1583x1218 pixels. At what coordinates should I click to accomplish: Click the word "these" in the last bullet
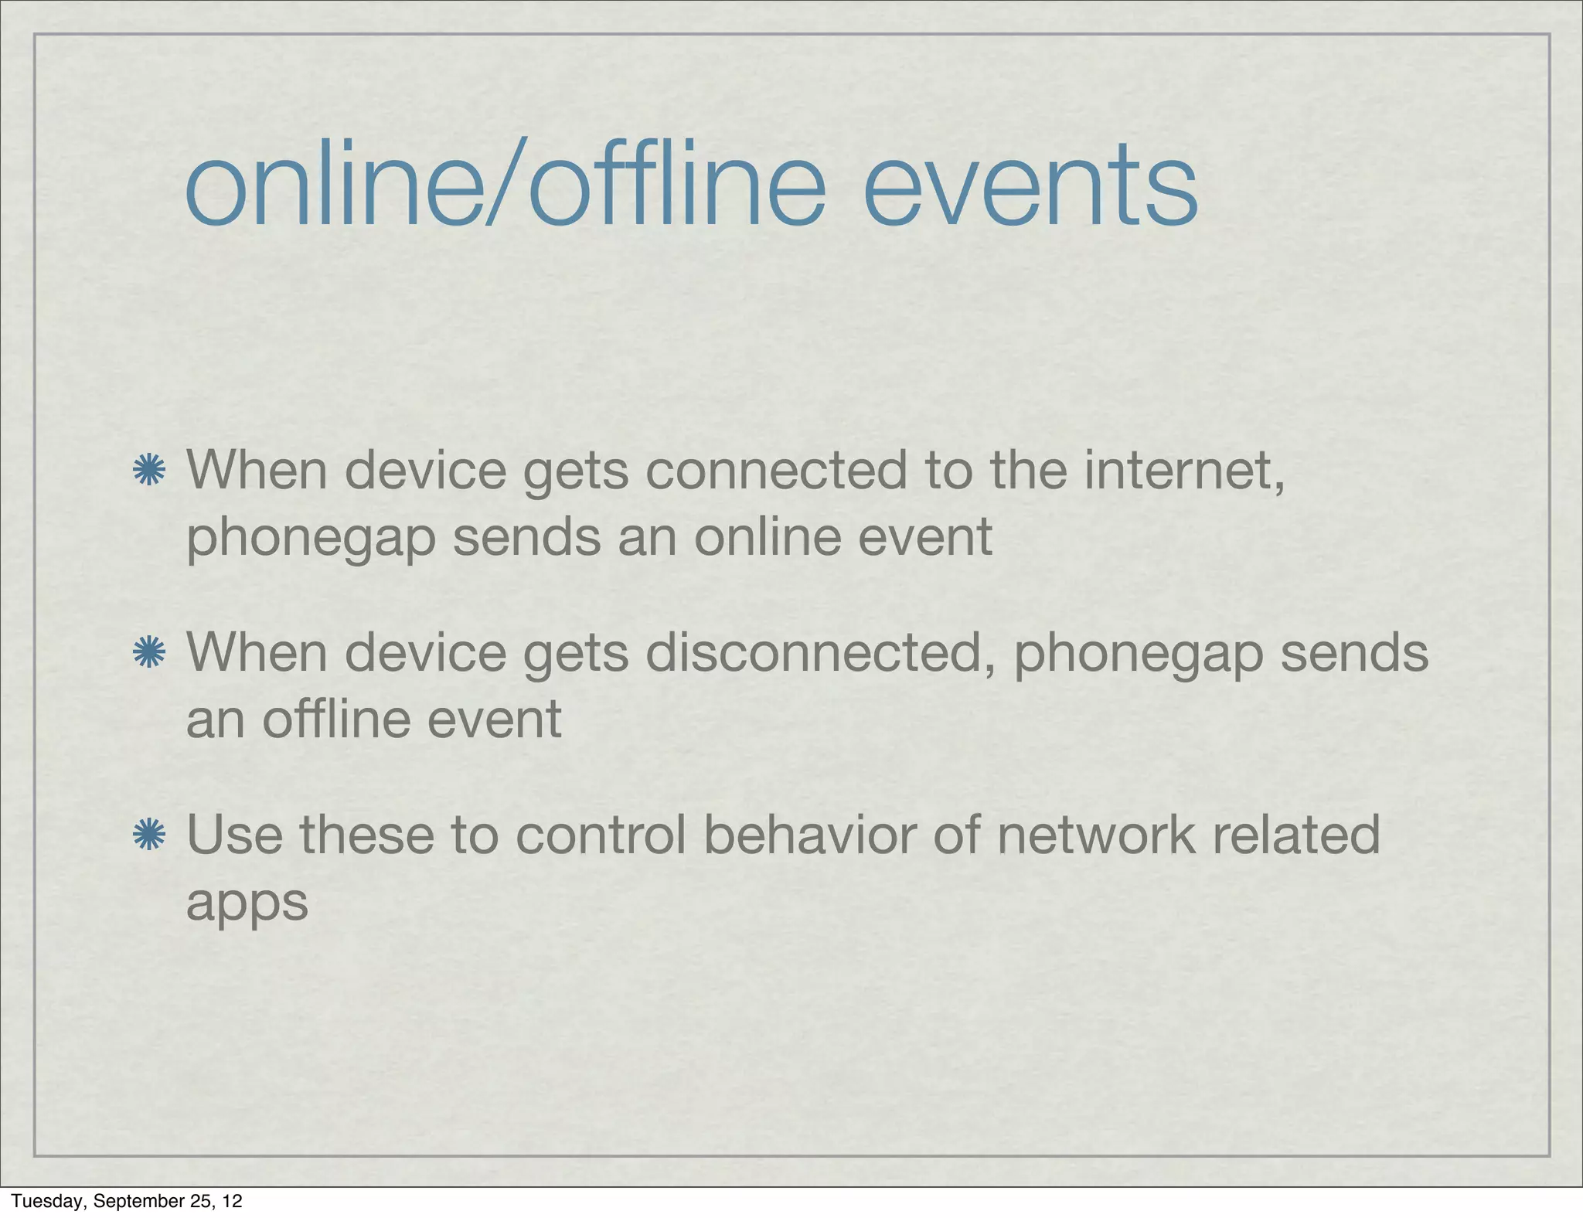point(366,835)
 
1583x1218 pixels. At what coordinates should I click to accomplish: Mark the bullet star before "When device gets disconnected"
point(148,653)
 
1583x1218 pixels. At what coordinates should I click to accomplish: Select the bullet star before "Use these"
point(148,835)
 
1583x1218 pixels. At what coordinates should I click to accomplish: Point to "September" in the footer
point(132,1201)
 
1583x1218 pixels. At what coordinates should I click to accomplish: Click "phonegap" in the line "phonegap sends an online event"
point(311,539)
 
